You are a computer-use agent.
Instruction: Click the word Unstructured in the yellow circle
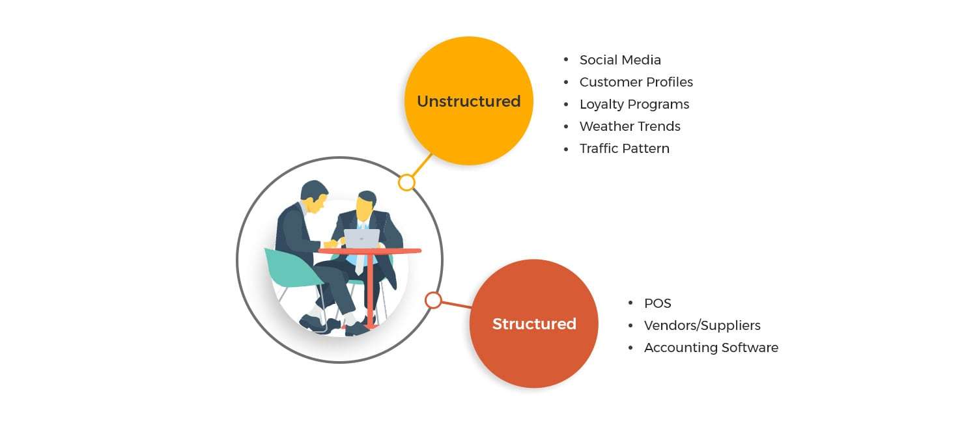point(468,102)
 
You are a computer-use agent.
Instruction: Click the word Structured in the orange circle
point(534,324)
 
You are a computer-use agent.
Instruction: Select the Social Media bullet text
point(620,60)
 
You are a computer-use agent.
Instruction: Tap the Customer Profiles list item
point(636,82)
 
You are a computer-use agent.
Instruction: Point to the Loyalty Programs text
point(634,104)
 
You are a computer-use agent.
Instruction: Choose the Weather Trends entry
point(630,126)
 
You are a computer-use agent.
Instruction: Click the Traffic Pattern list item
point(624,148)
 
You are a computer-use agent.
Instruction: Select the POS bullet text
point(657,303)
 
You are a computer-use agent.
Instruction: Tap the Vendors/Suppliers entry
point(702,325)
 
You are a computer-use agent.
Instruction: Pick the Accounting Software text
point(711,348)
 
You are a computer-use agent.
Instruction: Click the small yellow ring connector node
point(406,182)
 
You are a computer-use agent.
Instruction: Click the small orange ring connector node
point(433,300)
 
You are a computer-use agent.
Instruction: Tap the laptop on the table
point(361,239)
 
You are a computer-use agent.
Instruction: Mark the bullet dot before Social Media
point(566,60)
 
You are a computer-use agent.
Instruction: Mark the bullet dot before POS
point(630,303)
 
